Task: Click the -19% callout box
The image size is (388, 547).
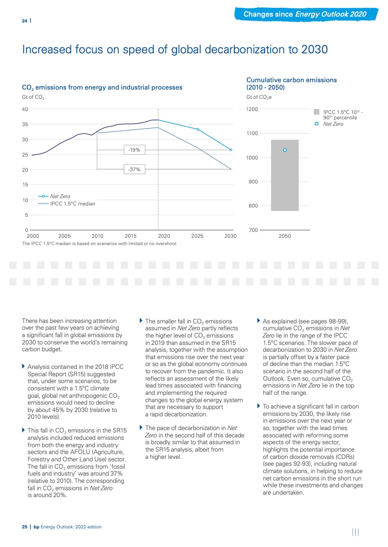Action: (134, 150)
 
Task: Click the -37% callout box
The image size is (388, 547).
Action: (134, 169)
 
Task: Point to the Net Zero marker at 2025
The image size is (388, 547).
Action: (198, 129)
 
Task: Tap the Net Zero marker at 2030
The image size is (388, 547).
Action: (230, 150)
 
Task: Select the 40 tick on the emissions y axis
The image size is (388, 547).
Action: (25, 109)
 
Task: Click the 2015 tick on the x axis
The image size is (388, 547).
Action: (131, 236)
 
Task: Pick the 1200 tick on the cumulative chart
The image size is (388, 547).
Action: (252, 109)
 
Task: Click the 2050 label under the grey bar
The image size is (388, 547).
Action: (285, 236)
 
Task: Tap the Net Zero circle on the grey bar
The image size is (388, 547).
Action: (285, 150)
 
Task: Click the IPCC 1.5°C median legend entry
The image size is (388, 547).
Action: (72, 204)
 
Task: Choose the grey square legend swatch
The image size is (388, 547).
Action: (317, 112)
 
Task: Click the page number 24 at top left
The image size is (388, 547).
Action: (24, 21)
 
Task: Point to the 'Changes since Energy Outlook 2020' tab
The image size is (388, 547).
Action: (305, 14)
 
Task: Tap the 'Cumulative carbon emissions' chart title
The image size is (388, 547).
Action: (292, 80)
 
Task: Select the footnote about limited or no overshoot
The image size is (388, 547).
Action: (99, 243)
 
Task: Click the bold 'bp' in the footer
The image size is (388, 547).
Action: (36, 527)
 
